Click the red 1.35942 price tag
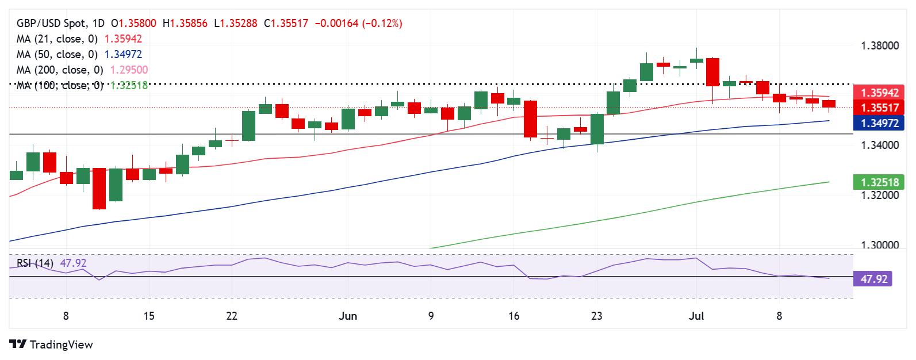[879, 93]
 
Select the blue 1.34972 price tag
[879, 123]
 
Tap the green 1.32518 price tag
[879, 183]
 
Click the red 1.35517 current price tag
[879, 108]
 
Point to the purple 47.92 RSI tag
[873, 279]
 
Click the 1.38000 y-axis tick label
[879, 46]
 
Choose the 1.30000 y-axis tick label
[879, 245]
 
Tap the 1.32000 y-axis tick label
[879, 196]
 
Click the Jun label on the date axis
[348, 316]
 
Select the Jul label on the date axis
[696, 316]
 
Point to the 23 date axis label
[597, 316]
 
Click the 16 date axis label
[513, 316]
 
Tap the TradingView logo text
[61, 344]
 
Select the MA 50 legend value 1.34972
[122, 55]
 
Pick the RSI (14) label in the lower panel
[35, 263]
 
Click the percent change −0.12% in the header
[382, 24]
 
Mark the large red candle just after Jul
[712, 72]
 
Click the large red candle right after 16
[530, 119]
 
